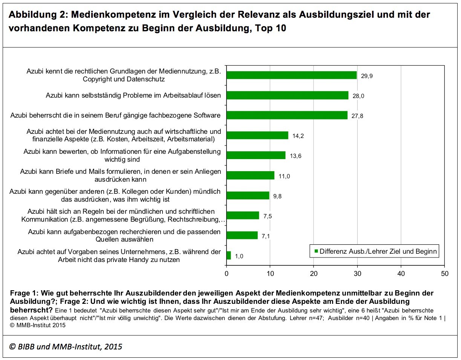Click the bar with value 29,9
coord(291,75)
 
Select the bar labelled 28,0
coord(287,95)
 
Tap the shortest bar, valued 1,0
coord(229,256)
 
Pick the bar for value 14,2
coord(257,135)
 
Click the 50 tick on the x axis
coord(444,274)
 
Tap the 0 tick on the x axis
coord(227,274)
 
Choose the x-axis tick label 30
coord(357,274)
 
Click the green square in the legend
coord(316,251)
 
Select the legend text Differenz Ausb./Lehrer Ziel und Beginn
coord(378,251)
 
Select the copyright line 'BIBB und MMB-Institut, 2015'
coord(70,346)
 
